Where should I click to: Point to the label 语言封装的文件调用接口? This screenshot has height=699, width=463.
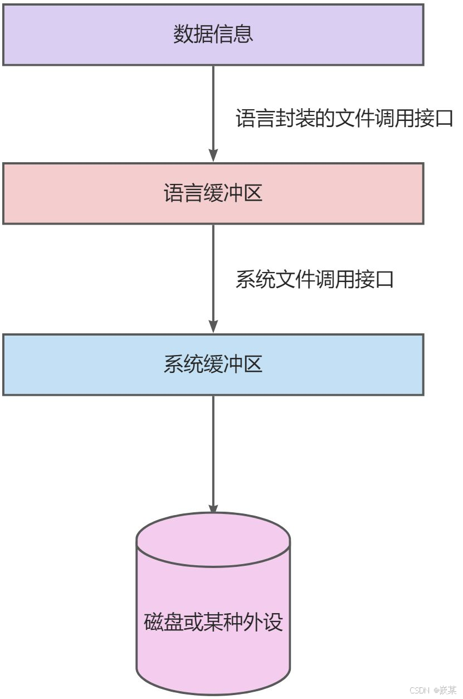coord(345,119)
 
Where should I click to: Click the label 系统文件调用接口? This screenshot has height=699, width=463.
coord(315,279)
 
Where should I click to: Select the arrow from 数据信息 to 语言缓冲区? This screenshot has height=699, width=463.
coord(213,106)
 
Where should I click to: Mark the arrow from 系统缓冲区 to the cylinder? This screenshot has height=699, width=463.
coord(213,446)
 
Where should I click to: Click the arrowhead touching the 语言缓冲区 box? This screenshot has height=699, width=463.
coord(213,156)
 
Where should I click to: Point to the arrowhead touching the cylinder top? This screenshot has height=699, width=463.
coord(213,507)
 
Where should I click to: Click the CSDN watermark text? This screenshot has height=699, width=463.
coord(433,690)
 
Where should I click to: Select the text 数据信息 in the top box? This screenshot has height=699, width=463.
coord(213,35)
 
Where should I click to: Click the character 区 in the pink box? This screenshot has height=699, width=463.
coord(252,193)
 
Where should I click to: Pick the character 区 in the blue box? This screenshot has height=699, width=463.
coord(252,365)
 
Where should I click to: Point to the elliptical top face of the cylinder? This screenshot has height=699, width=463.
coord(213,540)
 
